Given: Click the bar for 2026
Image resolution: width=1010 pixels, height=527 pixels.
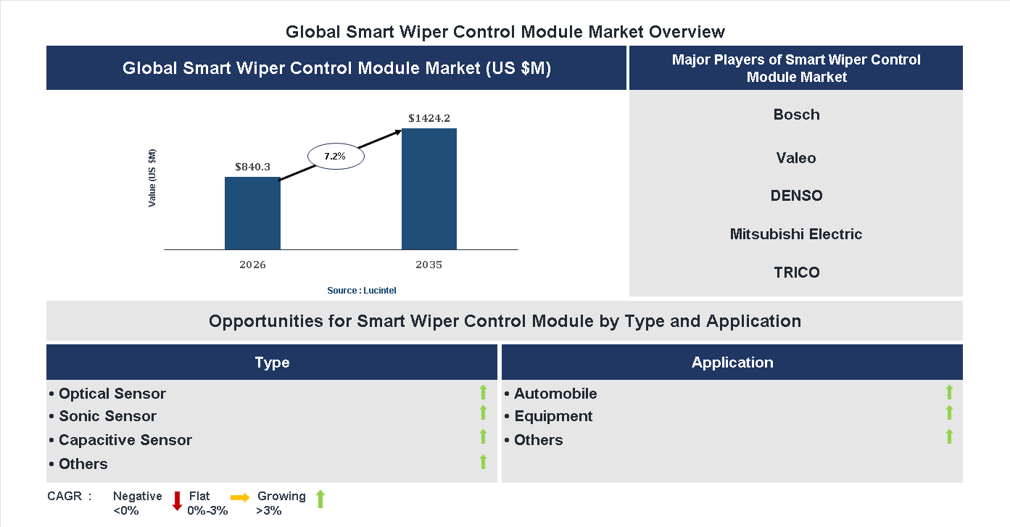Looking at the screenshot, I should [252, 213].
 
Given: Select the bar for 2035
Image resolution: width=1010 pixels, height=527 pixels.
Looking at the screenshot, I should [429, 189].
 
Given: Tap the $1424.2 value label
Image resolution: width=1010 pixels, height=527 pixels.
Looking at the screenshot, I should [429, 117].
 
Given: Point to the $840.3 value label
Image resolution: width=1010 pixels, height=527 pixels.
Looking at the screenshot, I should [252, 167].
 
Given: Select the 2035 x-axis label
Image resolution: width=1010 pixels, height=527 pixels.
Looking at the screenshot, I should [429, 265].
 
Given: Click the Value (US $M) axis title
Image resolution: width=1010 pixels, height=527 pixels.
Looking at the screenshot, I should [152, 178].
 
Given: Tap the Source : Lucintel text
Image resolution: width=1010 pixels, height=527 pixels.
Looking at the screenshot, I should [361, 290].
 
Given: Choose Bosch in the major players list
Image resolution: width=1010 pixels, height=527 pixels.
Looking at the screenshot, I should [796, 115].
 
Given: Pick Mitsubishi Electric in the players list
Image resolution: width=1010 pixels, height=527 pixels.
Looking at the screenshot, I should [796, 234].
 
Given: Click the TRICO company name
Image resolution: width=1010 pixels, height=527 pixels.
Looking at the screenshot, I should [796, 273].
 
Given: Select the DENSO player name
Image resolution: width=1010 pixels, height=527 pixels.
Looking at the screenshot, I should [796, 196].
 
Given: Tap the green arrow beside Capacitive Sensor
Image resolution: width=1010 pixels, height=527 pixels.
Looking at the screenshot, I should [483, 436].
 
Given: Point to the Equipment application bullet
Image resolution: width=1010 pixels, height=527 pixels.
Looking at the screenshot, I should [552, 416].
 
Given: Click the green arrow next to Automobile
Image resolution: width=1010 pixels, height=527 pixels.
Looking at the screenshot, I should [949, 392].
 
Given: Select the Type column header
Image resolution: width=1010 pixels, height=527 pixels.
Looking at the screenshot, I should [272, 362].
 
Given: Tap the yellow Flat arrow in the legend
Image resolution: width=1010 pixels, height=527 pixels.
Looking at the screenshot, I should [240, 497].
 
